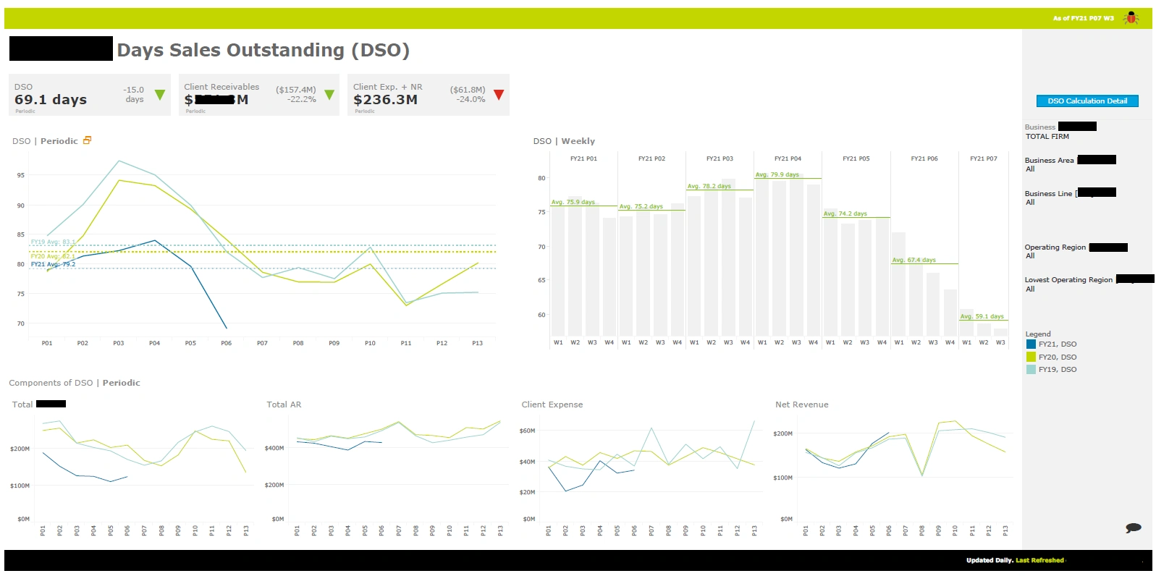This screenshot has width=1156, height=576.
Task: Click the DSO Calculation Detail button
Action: pyautogui.click(x=1087, y=101)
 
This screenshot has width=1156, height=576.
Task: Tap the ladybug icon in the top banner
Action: pyautogui.click(x=1131, y=18)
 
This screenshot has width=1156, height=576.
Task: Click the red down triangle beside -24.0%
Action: pyautogui.click(x=499, y=95)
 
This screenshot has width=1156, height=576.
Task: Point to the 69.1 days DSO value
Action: pyautogui.click(x=51, y=100)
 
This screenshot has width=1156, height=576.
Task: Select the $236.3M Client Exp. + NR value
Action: pyautogui.click(x=385, y=100)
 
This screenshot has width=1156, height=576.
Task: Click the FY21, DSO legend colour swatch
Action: pyautogui.click(x=1031, y=344)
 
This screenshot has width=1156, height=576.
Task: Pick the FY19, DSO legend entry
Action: pyautogui.click(x=1057, y=370)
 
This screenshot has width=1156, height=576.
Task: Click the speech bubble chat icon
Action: pyautogui.click(x=1133, y=528)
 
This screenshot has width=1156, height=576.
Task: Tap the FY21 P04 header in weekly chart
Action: pyautogui.click(x=788, y=158)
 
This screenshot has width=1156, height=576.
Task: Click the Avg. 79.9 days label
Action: pyautogui.click(x=777, y=174)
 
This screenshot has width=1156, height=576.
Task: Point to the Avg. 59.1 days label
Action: pyautogui.click(x=982, y=316)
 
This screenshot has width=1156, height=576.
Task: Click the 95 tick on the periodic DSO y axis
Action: pyautogui.click(x=21, y=175)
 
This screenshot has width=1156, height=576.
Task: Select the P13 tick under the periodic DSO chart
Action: pyautogui.click(x=477, y=344)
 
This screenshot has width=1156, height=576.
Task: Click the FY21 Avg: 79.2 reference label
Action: pyautogui.click(x=53, y=264)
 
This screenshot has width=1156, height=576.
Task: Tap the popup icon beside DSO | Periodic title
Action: pyautogui.click(x=88, y=140)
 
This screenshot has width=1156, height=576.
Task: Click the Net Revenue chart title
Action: pyautogui.click(x=801, y=405)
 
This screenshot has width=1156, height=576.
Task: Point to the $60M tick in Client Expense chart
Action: pyautogui.click(x=527, y=431)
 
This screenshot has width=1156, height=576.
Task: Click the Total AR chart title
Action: pyautogui.click(x=284, y=405)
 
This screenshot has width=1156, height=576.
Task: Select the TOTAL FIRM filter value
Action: pyautogui.click(x=1047, y=137)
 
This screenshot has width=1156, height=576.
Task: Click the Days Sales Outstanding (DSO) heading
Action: pyautogui.click(x=263, y=50)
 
